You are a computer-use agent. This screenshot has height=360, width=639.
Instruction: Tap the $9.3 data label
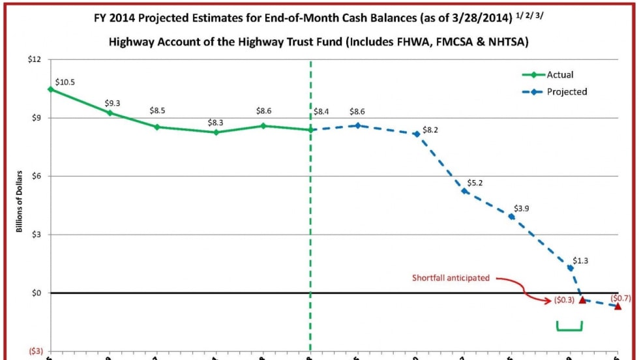(113, 104)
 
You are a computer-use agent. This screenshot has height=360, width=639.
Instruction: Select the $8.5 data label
(157, 110)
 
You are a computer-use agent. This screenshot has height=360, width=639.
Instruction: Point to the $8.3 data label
(216, 122)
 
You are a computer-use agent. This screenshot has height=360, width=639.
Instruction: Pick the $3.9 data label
(522, 208)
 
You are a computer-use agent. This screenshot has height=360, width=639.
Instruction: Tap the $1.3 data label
(580, 260)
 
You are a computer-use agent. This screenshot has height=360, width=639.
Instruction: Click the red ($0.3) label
(564, 301)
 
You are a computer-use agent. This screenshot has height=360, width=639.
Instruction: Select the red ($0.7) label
(620, 297)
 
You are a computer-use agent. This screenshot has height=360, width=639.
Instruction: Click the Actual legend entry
(559, 75)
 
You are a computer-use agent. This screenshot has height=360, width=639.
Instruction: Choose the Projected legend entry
(567, 92)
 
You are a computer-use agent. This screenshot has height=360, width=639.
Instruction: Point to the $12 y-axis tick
(33, 60)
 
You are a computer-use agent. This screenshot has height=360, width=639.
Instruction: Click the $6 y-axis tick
(35, 176)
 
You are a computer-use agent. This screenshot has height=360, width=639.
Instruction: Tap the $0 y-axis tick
(35, 293)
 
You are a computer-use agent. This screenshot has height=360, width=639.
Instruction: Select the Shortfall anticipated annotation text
(451, 278)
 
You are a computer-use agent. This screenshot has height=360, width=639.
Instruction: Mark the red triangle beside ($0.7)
(618, 306)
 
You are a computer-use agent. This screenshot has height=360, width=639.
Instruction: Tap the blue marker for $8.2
(417, 134)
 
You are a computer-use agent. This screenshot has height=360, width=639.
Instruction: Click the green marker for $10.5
(50, 89)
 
